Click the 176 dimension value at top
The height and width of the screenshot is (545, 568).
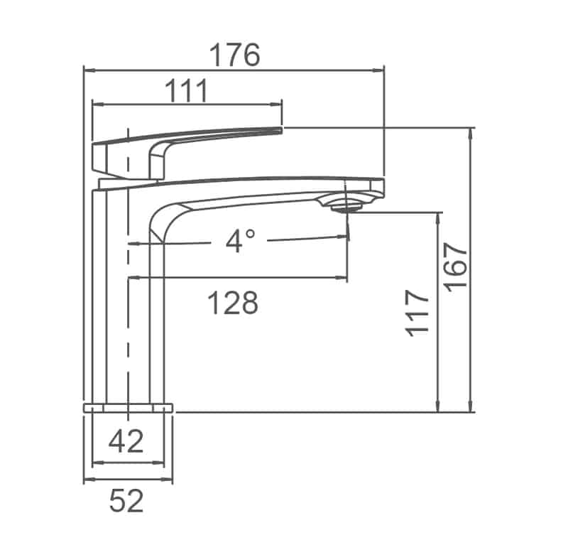coord(234,55)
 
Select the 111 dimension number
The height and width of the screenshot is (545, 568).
coord(187,92)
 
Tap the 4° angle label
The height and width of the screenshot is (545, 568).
coord(239,242)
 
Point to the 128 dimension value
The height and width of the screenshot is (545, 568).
coord(232,303)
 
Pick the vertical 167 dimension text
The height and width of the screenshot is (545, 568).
coord(457,265)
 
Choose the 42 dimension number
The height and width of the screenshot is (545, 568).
coord(126,442)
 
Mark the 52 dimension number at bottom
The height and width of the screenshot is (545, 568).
coord(126,501)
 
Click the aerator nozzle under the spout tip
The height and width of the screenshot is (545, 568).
coord(346,206)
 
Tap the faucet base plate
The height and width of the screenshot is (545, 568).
coord(129,407)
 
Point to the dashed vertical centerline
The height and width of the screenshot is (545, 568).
coord(127,320)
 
